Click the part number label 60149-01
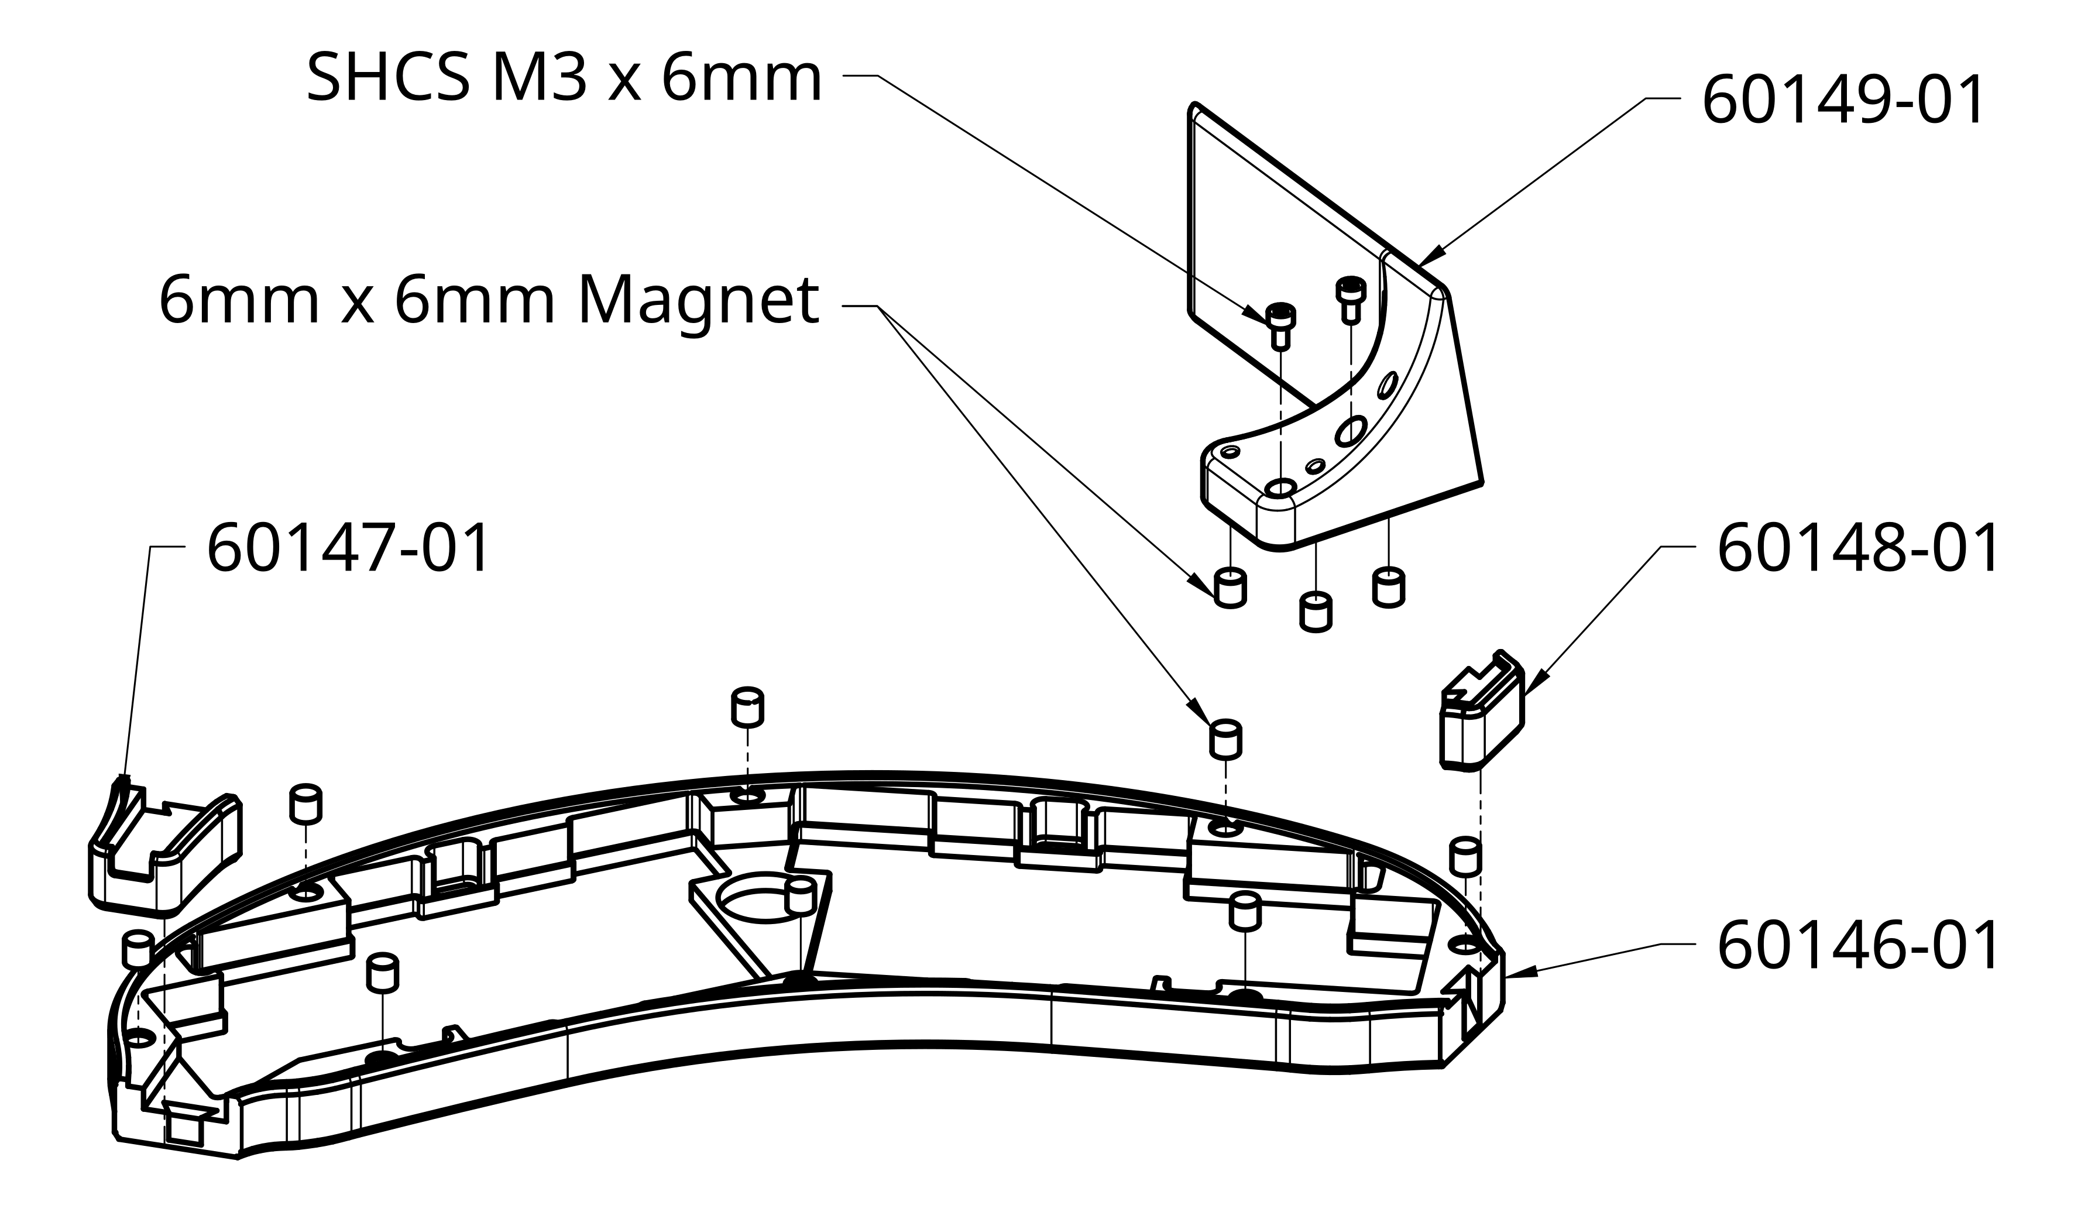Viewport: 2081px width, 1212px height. click(1842, 101)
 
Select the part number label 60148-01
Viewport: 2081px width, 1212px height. click(1857, 548)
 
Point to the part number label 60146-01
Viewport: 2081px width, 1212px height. click(1857, 946)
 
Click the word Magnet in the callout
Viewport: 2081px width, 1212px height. click(698, 302)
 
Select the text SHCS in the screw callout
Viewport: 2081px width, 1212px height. click(388, 79)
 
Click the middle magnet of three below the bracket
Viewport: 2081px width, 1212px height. click(1316, 612)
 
